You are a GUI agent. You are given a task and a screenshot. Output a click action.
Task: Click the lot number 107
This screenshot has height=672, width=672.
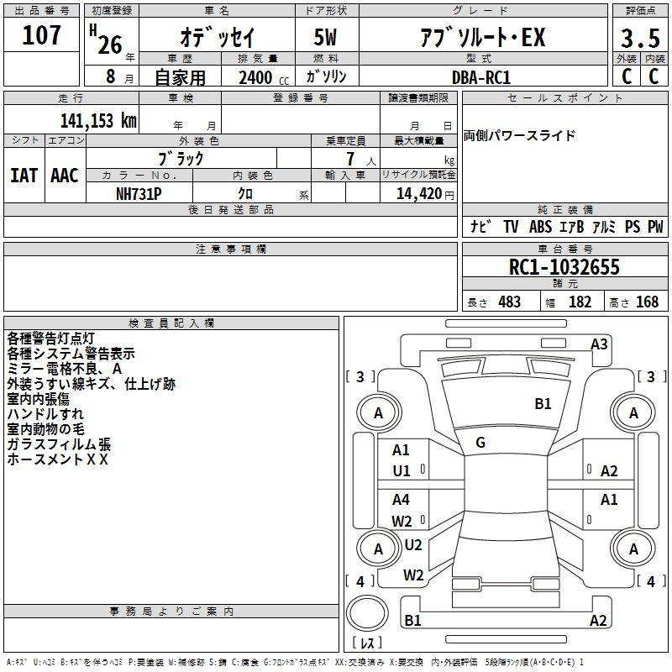41,35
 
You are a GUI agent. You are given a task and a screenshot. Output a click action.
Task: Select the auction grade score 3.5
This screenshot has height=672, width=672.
640,38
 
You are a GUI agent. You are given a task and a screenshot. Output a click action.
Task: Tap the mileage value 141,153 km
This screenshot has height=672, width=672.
98,121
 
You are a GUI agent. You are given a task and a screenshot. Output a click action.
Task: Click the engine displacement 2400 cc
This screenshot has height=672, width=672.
264,77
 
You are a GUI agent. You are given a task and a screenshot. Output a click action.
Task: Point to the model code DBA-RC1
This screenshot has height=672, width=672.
481,77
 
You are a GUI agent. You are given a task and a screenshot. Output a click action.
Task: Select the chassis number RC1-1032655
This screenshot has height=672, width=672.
564,267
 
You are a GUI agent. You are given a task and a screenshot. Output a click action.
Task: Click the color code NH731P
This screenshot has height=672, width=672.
139,194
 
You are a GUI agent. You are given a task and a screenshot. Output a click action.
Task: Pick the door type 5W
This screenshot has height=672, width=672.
325,37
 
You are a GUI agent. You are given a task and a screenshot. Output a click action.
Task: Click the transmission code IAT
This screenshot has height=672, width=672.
24,176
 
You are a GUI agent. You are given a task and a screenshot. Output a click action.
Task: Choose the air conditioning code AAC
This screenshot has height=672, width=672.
65,176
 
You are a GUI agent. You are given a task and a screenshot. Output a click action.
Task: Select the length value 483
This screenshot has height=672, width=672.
510,302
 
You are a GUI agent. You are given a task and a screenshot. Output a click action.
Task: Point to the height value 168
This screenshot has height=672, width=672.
647,302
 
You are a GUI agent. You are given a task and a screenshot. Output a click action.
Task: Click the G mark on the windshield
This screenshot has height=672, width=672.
480,443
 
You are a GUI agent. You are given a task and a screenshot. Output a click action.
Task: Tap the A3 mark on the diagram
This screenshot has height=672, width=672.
599,344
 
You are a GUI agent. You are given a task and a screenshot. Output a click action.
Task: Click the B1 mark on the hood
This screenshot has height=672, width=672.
543,404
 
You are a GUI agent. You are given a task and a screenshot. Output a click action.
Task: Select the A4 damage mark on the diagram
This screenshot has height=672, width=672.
401,499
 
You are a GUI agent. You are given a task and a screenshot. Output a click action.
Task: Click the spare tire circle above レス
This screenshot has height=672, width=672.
367,613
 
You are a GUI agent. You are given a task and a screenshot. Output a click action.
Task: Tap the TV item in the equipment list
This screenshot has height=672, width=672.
511,226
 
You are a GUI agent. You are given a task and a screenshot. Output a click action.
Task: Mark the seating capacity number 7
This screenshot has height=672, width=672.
350,159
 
